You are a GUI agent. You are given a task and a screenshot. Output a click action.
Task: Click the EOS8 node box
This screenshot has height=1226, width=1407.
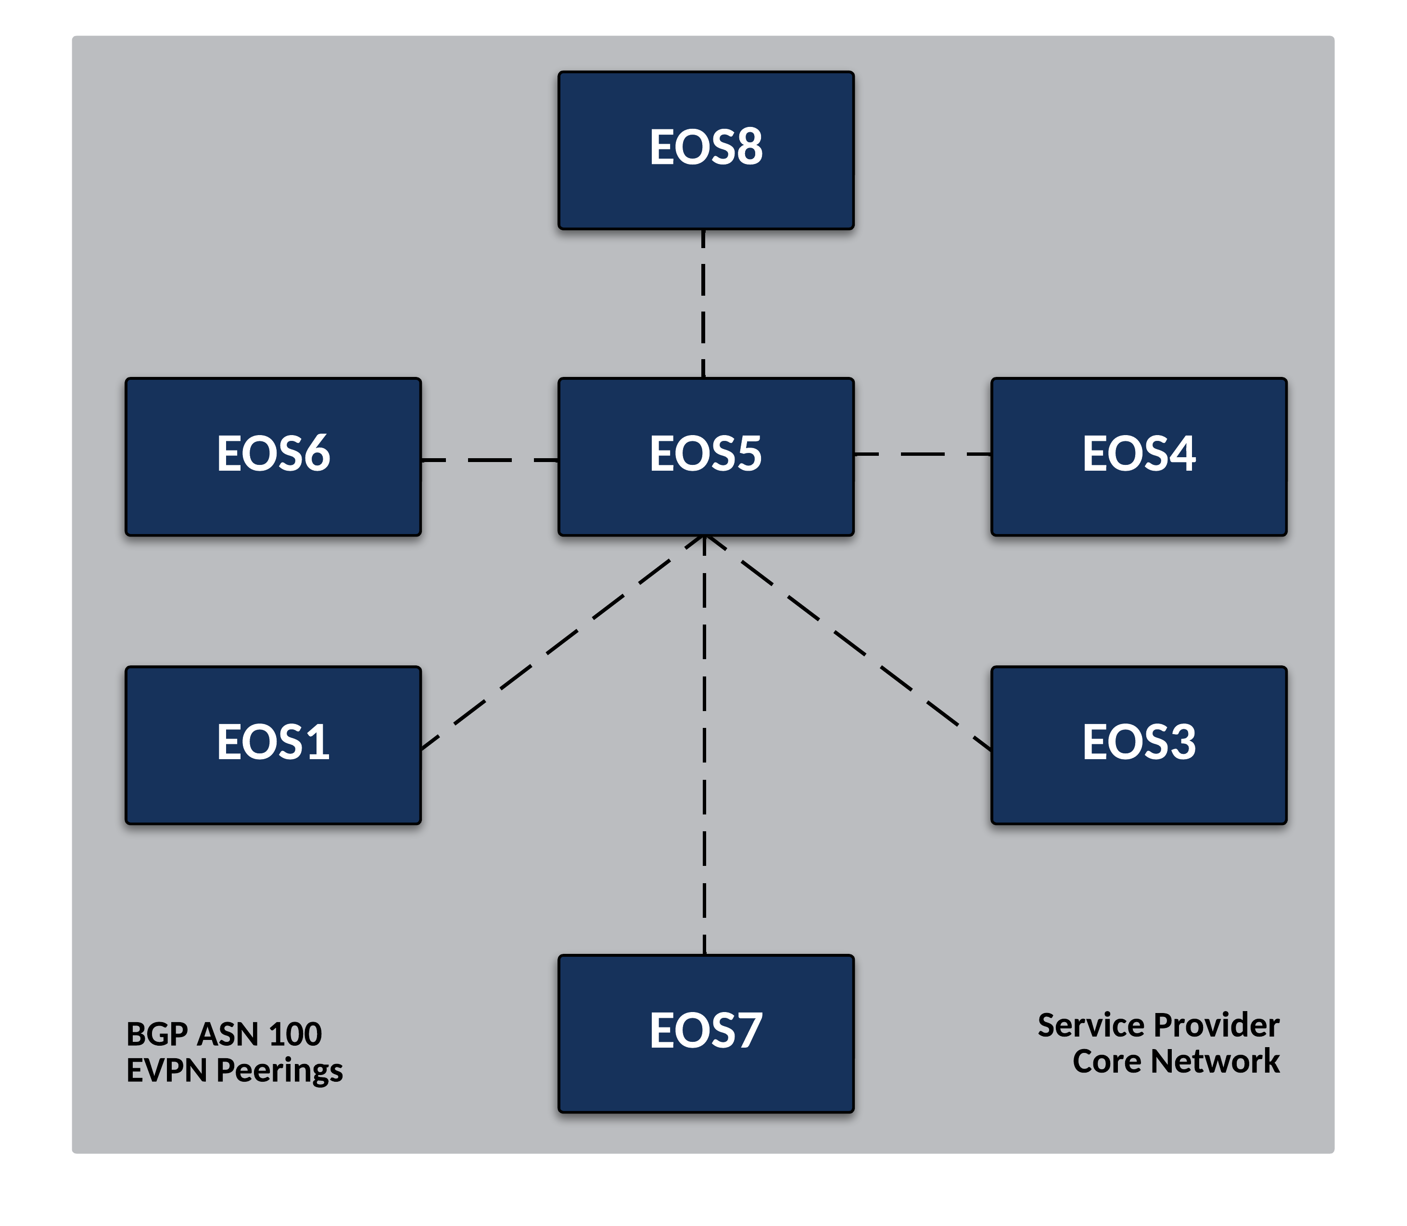[x=706, y=150]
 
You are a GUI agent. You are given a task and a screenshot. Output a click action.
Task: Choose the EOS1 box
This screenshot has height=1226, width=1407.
[x=273, y=745]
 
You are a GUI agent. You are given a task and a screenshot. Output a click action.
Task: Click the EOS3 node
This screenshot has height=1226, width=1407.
[x=1138, y=745]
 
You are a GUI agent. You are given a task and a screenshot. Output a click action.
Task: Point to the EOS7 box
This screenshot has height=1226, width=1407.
[x=706, y=1033]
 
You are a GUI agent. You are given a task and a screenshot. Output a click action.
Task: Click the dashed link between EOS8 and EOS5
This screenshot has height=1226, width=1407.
[x=703, y=304]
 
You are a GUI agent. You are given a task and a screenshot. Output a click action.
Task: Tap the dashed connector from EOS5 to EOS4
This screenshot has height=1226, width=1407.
[x=923, y=453]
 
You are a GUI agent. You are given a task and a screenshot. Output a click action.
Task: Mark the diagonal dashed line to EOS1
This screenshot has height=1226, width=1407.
[x=561, y=643]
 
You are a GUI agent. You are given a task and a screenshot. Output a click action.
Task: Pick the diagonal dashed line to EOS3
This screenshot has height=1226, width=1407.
[x=849, y=643]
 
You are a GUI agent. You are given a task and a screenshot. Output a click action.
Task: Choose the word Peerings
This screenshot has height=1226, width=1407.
[x=279, y=1071]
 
